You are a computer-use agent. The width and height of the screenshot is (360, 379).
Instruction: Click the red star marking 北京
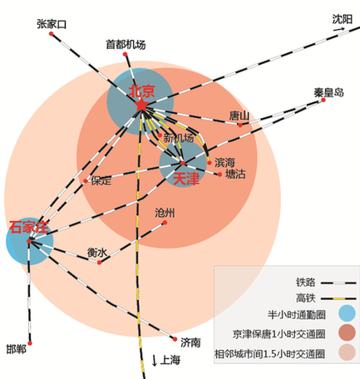(x=141, y=105)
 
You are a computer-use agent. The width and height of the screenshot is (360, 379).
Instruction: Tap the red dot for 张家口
(x=51, y=34)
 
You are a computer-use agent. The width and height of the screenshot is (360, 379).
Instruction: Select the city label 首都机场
(x=126, y=44)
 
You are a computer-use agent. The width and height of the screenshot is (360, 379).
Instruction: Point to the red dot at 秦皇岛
(x=323, y=100)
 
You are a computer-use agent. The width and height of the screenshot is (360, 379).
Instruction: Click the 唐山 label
(x=239, y=116)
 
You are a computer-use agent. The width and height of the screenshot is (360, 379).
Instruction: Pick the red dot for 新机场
(x=160, y=135)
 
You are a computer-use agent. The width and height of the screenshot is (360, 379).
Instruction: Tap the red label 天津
(x=186, y=179)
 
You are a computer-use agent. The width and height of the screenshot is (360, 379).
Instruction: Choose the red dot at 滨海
(x=210, y=163)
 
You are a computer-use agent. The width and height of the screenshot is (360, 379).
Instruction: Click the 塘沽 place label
(x=235, y=175)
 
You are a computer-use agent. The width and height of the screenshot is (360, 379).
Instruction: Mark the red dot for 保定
(x=86, y=181)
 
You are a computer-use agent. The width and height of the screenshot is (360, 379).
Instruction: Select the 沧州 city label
(x=165, y=213)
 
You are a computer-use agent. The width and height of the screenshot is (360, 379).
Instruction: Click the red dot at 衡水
(x=99, y=263)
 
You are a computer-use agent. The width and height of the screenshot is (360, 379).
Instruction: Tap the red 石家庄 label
(x=29, y=227)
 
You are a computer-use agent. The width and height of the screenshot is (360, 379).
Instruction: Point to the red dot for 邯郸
(x=30, y=343)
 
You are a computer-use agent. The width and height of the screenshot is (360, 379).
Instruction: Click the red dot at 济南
(x=175, y=339)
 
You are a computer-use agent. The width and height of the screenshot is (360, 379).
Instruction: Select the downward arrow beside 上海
(x=155, y=361)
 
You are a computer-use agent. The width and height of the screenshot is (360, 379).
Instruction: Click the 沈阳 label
(x=343, y=19)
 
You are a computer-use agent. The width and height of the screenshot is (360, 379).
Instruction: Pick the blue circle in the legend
(x=347, y=313)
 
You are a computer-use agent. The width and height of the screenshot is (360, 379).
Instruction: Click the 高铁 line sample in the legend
(x=338, y=298)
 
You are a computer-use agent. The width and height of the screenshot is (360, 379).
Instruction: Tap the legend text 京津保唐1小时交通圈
(x=279, y=334)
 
